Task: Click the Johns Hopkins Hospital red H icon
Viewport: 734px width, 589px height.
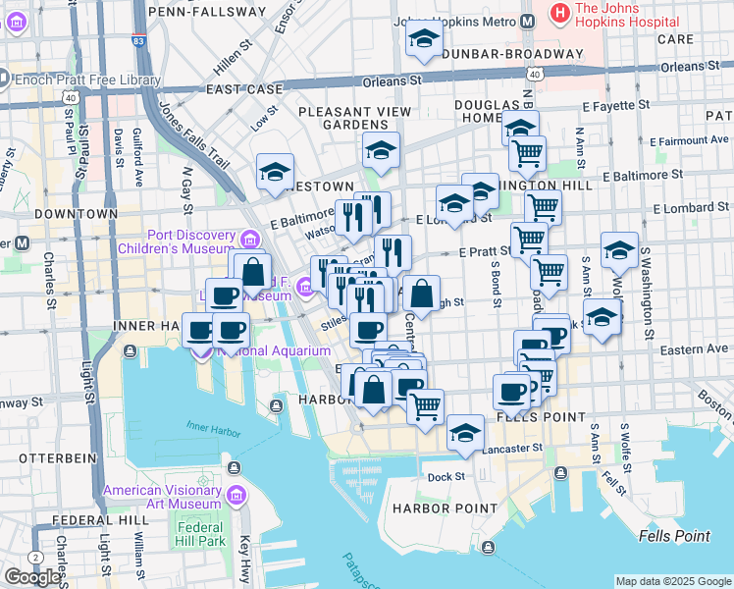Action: coord(560,13)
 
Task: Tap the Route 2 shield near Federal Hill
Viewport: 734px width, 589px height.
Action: coord(36,557)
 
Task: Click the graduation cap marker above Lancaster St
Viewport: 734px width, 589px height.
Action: coord(465,432)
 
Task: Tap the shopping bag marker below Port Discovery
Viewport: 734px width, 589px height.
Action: coord(253,271)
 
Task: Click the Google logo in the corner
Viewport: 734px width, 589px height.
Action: coord(33,576)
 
